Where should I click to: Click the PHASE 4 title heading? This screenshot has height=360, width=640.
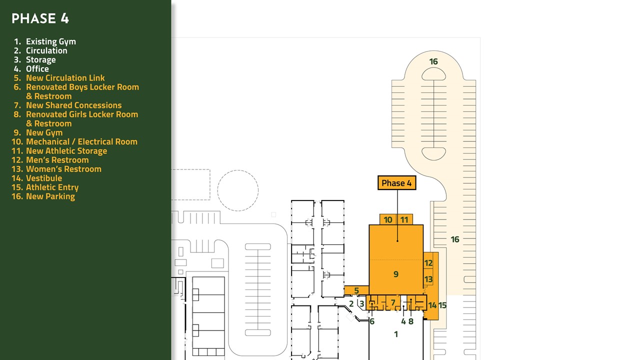pyautogui.click(x=40, y=18)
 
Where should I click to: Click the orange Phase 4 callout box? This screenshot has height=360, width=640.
pyautogui.click(x=396, y=183)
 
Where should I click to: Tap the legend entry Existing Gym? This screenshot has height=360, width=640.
pyautogui.click(x=45, y=41)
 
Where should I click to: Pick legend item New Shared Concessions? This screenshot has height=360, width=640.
pyautogui.click(x=68, y=105)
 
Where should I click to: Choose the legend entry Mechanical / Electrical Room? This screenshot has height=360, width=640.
pyautogui.click(x=74, y=141)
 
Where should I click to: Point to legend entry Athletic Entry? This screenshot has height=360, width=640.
pyautogui.click(x=45, y=187)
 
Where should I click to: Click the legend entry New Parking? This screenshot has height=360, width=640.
pyautogui.click(x=43, y=196)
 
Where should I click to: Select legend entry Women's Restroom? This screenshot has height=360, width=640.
pyautogui.click(x=56, y=169)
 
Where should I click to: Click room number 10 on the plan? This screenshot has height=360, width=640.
pyautogui.click(x=387, y=219)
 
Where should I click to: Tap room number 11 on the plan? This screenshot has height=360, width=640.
pyautogui.click(x=404, y=219)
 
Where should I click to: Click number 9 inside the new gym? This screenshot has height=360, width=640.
pyautogui.click(x=395, y=274)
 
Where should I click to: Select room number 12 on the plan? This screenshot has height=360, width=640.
pyautogui.click(x=428, y=263)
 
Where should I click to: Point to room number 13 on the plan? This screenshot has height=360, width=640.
pyautogui.click(x=428, y=279)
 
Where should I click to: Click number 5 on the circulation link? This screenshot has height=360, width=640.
pyautogui.click(x=356, y=290)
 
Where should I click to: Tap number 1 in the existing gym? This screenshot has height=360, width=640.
pyautogui.click(x=395, y=334)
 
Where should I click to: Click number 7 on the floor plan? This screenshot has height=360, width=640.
pyautogui.click(x=393, y=302)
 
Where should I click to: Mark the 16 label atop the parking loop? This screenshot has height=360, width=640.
pyautogui.click(x=433, y=61)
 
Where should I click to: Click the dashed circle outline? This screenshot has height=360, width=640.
pyautogui.click(x=237, y=170)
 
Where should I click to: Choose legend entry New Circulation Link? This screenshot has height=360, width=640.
pyautogui.click(x=59, y=78)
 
